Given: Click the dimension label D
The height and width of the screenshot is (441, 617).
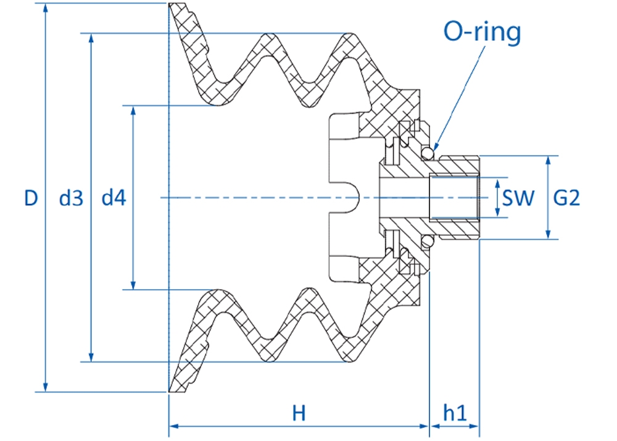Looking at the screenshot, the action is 31,198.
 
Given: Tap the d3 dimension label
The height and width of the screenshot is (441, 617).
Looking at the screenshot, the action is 71,198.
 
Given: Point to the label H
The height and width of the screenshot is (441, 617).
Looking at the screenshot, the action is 299,413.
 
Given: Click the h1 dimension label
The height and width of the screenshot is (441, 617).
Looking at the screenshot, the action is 455,413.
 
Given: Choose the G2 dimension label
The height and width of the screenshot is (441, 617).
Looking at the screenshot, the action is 566,198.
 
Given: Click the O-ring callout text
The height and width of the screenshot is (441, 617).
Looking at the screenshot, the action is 482,31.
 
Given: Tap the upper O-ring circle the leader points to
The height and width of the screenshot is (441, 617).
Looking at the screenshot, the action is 428,153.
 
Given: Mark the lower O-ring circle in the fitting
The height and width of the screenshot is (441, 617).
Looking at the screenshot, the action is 428,241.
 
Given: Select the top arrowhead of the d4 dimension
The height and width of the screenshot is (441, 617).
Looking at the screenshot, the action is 133,112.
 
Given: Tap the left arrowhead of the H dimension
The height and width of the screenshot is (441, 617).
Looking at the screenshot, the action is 175,426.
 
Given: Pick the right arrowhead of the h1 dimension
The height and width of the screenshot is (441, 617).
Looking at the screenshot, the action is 473,426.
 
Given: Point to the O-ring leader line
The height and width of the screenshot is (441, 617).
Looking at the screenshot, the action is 459,98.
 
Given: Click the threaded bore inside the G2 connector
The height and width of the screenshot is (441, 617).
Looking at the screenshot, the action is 453,197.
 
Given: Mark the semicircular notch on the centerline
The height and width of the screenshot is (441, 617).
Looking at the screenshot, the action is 354,198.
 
